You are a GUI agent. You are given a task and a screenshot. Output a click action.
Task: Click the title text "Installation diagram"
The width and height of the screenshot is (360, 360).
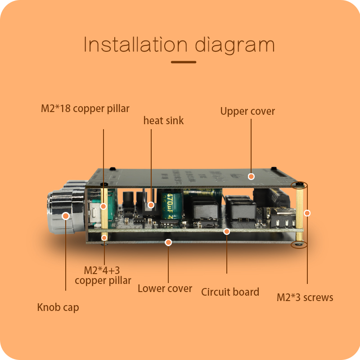coord(179,45)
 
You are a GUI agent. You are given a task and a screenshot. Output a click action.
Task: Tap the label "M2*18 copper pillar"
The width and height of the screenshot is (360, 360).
coord(85,108)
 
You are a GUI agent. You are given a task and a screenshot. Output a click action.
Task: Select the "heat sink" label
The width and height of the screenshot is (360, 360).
coord(163,121)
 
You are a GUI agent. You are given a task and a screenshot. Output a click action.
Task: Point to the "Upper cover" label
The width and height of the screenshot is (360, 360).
coord(247,111)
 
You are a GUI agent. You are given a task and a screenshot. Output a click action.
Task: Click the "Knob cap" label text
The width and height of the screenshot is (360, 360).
coord(58,308)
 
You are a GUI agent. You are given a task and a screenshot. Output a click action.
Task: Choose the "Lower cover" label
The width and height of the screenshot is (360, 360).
coord(165,289)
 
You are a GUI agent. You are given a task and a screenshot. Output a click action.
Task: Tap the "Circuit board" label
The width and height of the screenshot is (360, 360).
coord(230,292)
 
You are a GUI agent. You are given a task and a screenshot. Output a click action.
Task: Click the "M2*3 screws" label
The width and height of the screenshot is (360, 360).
coord(305,297)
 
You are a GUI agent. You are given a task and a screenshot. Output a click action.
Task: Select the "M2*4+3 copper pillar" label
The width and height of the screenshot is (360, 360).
coord(103,275)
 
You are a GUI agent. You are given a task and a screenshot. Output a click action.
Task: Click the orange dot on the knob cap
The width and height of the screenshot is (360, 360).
coord(66,216)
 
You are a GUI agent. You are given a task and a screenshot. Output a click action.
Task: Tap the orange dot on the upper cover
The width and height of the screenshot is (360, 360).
coord(252,176)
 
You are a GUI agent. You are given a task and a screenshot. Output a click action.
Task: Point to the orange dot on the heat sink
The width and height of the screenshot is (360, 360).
coord(151,205)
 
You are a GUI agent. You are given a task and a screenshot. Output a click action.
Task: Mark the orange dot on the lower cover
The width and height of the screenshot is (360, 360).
coord(168,243)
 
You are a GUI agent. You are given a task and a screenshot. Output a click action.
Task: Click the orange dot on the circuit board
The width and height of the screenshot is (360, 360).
coord(227,231)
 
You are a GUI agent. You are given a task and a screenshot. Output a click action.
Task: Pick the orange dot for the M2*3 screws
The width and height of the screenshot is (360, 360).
coord(307,213)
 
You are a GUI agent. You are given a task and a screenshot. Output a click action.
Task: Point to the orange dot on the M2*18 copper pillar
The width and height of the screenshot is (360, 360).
coord(103,206)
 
